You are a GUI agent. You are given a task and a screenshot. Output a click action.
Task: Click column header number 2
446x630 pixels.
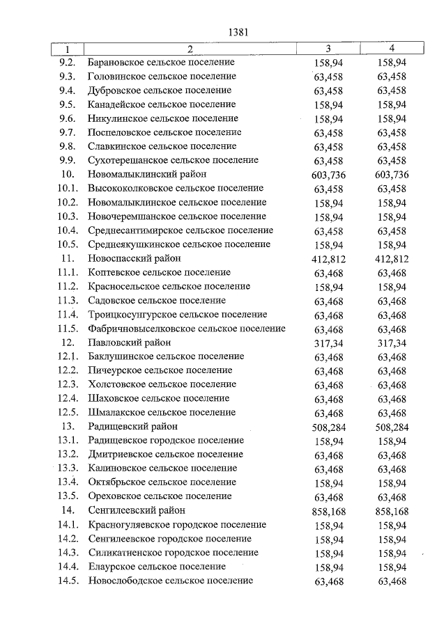(190, 49)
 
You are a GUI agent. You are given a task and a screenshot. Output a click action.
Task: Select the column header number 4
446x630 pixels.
(392, 49)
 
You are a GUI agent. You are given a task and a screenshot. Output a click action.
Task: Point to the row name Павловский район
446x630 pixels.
(130, 342)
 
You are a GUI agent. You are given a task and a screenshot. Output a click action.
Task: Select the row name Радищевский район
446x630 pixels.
(133, 426)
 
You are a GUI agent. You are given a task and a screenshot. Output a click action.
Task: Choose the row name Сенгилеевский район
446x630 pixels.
(137, 510)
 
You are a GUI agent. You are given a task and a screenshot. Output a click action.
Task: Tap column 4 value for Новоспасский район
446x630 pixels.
(392, 259)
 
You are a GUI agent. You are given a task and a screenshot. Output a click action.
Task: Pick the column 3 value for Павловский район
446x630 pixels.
(329, 343)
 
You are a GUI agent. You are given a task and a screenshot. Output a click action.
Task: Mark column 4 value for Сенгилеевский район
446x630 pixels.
(392, 511)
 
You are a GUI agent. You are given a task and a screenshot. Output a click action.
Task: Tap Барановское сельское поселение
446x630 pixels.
(162, 62)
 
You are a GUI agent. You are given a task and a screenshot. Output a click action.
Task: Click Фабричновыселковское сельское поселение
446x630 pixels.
(187, 329)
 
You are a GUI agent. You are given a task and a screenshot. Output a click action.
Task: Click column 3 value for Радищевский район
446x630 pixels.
(329, 427)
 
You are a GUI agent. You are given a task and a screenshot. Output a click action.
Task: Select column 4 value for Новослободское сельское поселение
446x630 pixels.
(392, 581)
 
